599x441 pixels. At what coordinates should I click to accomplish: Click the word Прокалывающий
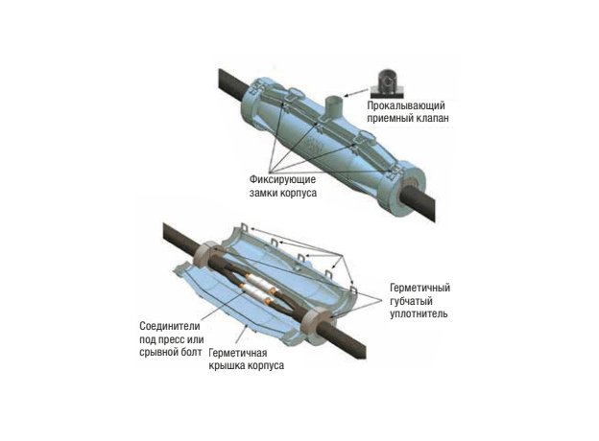click(x=406, y=105)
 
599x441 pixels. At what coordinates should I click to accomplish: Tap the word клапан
click(x=431, y=118)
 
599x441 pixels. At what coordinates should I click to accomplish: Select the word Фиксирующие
click(x=282, y=179)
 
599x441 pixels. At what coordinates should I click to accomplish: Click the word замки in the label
click(x=264, y=193)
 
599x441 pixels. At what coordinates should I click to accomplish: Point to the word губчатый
click(x=411, y=301)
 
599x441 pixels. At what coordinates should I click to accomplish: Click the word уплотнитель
click(x=419, y=313)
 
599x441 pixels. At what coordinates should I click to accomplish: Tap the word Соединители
click(x=170, y=327)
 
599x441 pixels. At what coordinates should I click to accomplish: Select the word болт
click(x=191, y=352)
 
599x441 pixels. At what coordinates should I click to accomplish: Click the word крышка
click(x=227, y=365)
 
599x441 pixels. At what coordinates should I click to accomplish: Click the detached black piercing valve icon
click(x=388, y=82)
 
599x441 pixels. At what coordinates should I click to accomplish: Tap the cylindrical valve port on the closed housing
click(x=334, y=109)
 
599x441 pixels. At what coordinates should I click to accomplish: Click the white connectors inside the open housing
click(x=257, y=288)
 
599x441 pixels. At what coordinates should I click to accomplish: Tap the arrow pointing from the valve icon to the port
click(x=356, y=93)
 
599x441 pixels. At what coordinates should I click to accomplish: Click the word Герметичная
click(x=238, y=353)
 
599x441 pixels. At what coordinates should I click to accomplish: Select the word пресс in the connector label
click(x=171, y=339)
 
